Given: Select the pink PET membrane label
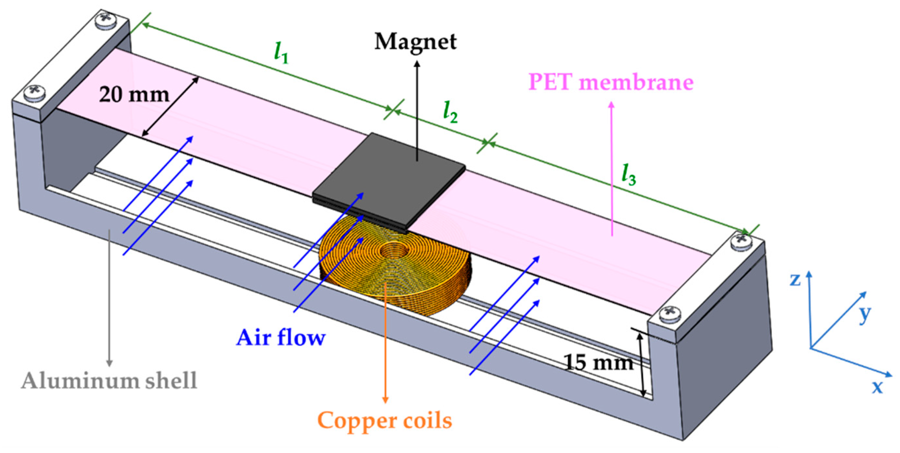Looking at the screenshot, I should [610, 82].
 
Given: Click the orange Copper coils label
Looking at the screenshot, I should [384, 421].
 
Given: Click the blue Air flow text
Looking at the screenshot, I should [281, 338].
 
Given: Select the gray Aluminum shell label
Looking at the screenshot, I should [109, 381].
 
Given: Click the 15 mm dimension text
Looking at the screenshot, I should [599, 362].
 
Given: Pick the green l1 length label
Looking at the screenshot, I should [281, 53].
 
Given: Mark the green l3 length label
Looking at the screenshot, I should [628, 175].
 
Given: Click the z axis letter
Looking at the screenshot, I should [795, 279].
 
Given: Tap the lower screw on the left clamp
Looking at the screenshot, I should [34, 92].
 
